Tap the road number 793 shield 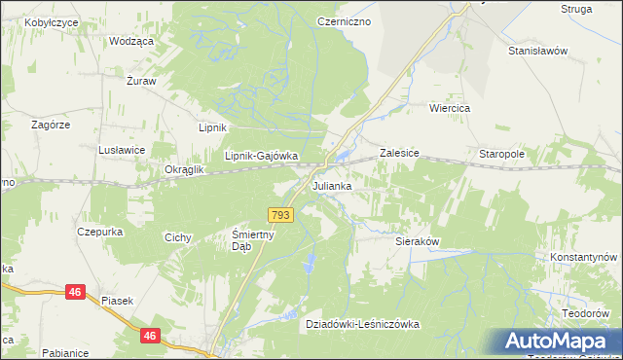click(x=280, y=215)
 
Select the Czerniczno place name click(x=344, y=20)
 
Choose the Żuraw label click(x=142, y=82)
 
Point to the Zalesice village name click(x=399, y=153)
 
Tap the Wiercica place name click(x=450, y=109)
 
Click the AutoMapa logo click(x=558, y=342)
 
